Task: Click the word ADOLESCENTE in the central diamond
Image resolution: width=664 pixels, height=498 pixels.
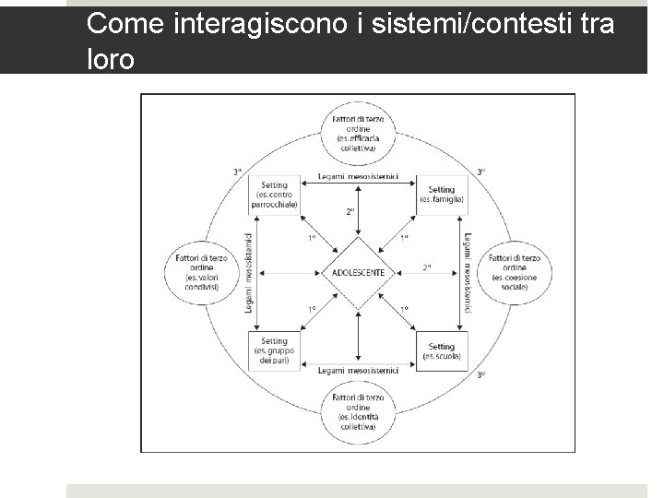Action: pos(359,273)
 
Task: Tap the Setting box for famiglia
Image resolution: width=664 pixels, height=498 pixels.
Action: pos(441,195)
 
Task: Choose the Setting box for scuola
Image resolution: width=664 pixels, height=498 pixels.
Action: pos(441,350)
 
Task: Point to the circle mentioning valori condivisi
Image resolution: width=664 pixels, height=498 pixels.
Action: pos(200,272)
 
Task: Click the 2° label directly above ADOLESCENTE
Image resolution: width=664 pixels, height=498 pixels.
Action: pos(350,211)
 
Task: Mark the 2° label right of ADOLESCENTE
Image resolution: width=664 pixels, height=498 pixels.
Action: pos(427,268)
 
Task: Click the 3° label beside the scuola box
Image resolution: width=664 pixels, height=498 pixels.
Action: pos(480,375)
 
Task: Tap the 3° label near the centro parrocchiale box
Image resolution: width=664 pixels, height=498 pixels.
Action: pos(238,172)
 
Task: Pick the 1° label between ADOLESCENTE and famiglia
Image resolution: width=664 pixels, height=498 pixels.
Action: pos(404,239)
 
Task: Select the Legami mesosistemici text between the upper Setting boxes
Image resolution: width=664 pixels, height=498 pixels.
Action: pos(358,176)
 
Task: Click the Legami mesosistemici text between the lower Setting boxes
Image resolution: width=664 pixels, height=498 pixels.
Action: pos(358,370)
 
